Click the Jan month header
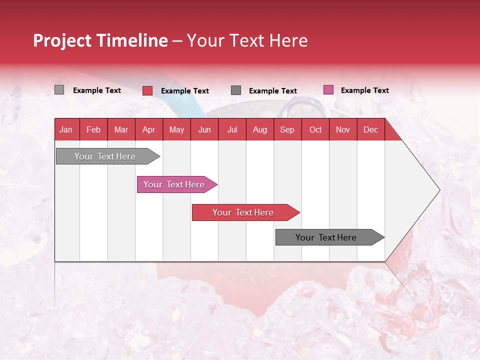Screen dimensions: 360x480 pyautogui.click(x=66, y=129)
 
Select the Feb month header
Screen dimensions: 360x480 pyautogui.click(x=93, y=129)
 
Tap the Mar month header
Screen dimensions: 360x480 pyautogui.click(x=121, y=129)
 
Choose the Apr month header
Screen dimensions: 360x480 pyautogui.click(x=149, y=129)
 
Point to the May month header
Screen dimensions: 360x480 pyautogui.click(x=176, y=129)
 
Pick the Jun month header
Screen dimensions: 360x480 pyautogui.click(x=204, y=129)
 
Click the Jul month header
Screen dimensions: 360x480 pyautogui.click(x=232, y=129)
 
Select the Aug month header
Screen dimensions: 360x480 pyautogui.click(x=260, y=129)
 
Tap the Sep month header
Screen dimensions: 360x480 pyautogui.click(x=287, y=129)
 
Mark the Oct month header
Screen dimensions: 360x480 pyautogui.click(x=315, y=129)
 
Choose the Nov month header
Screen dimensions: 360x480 pyautogui.click(x=343, y=129)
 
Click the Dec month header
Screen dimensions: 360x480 pyautogui.click(x=371, y=129)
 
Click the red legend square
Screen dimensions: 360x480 pyautogui.click(x=147, y=90)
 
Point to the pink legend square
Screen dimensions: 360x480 pyautogui.click(x=328, y=90)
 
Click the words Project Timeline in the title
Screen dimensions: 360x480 pyautogui.click(x=100, y=40)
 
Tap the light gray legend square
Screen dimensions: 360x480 pyautogui.click(x=59, y=90)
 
